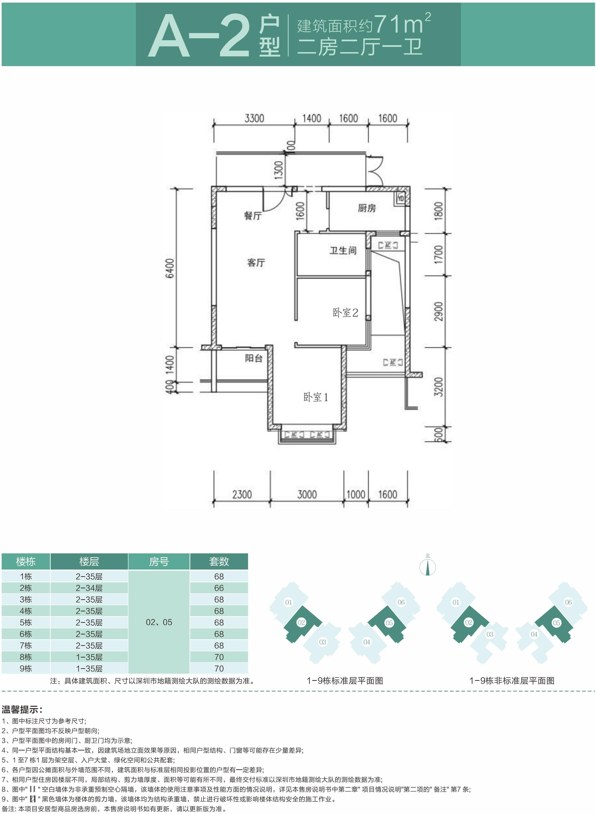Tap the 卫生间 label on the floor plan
343,250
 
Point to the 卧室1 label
316,397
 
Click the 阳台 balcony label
254,358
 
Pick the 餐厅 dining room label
253,216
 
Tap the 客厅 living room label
256,263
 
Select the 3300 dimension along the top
254,118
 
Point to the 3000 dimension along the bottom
307,494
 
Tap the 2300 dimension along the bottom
242,494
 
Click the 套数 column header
219,561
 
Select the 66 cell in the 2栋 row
219,588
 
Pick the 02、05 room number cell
159,622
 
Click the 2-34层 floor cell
89,588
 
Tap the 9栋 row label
26,668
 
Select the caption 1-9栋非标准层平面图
512,681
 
